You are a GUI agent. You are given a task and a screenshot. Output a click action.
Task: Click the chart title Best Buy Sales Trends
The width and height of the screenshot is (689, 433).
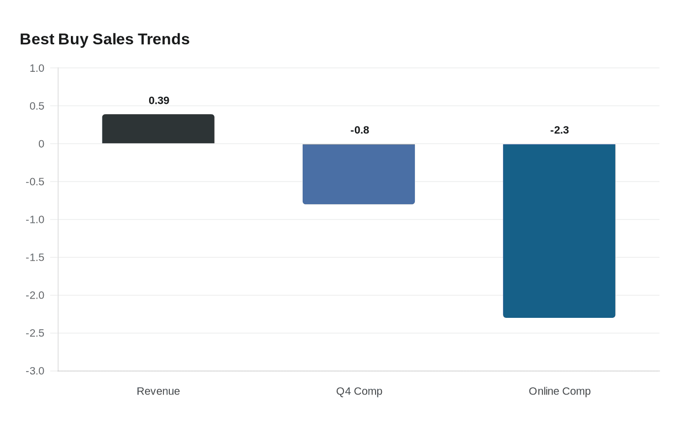(104, 39)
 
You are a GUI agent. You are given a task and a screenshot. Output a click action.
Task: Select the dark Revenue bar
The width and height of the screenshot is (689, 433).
(158, 129)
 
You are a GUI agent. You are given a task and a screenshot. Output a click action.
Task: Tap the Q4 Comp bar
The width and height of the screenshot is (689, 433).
(359, 174)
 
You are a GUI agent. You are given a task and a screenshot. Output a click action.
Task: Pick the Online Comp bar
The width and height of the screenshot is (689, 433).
(559, 230)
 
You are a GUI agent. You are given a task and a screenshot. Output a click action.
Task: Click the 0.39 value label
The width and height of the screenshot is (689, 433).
(159, 101)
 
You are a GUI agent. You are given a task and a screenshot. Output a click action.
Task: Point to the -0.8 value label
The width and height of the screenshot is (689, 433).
(360, 130)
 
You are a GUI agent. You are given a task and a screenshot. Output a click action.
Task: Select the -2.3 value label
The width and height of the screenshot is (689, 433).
(560, 130)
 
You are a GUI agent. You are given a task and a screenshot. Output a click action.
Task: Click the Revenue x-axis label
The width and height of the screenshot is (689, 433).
(158, 391)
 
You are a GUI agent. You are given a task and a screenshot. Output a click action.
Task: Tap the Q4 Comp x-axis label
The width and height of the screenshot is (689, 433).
(359, 391)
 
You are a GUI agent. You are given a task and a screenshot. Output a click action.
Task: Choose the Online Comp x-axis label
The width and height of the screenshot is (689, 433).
(560, 391)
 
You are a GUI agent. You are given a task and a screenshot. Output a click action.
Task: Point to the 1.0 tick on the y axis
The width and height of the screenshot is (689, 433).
(37, 68)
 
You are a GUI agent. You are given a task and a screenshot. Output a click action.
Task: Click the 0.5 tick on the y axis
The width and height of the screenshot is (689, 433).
(37, 106)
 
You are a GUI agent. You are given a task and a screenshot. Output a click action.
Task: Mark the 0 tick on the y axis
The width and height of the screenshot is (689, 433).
(41, 144)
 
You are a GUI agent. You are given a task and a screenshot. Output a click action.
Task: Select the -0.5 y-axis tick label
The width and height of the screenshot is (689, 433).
(35, 182)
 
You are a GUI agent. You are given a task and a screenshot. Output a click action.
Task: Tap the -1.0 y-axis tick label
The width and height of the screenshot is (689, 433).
(35, 220)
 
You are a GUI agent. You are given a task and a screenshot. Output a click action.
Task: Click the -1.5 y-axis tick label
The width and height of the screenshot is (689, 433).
(35, 258)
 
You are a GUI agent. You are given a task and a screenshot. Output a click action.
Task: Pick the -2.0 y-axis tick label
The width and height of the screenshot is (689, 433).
(35, 296)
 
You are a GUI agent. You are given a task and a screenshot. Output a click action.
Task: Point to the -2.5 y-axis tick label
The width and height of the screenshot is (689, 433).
(35, 334)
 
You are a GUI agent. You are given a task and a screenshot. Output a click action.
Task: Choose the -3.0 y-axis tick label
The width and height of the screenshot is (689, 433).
(35, 371)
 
